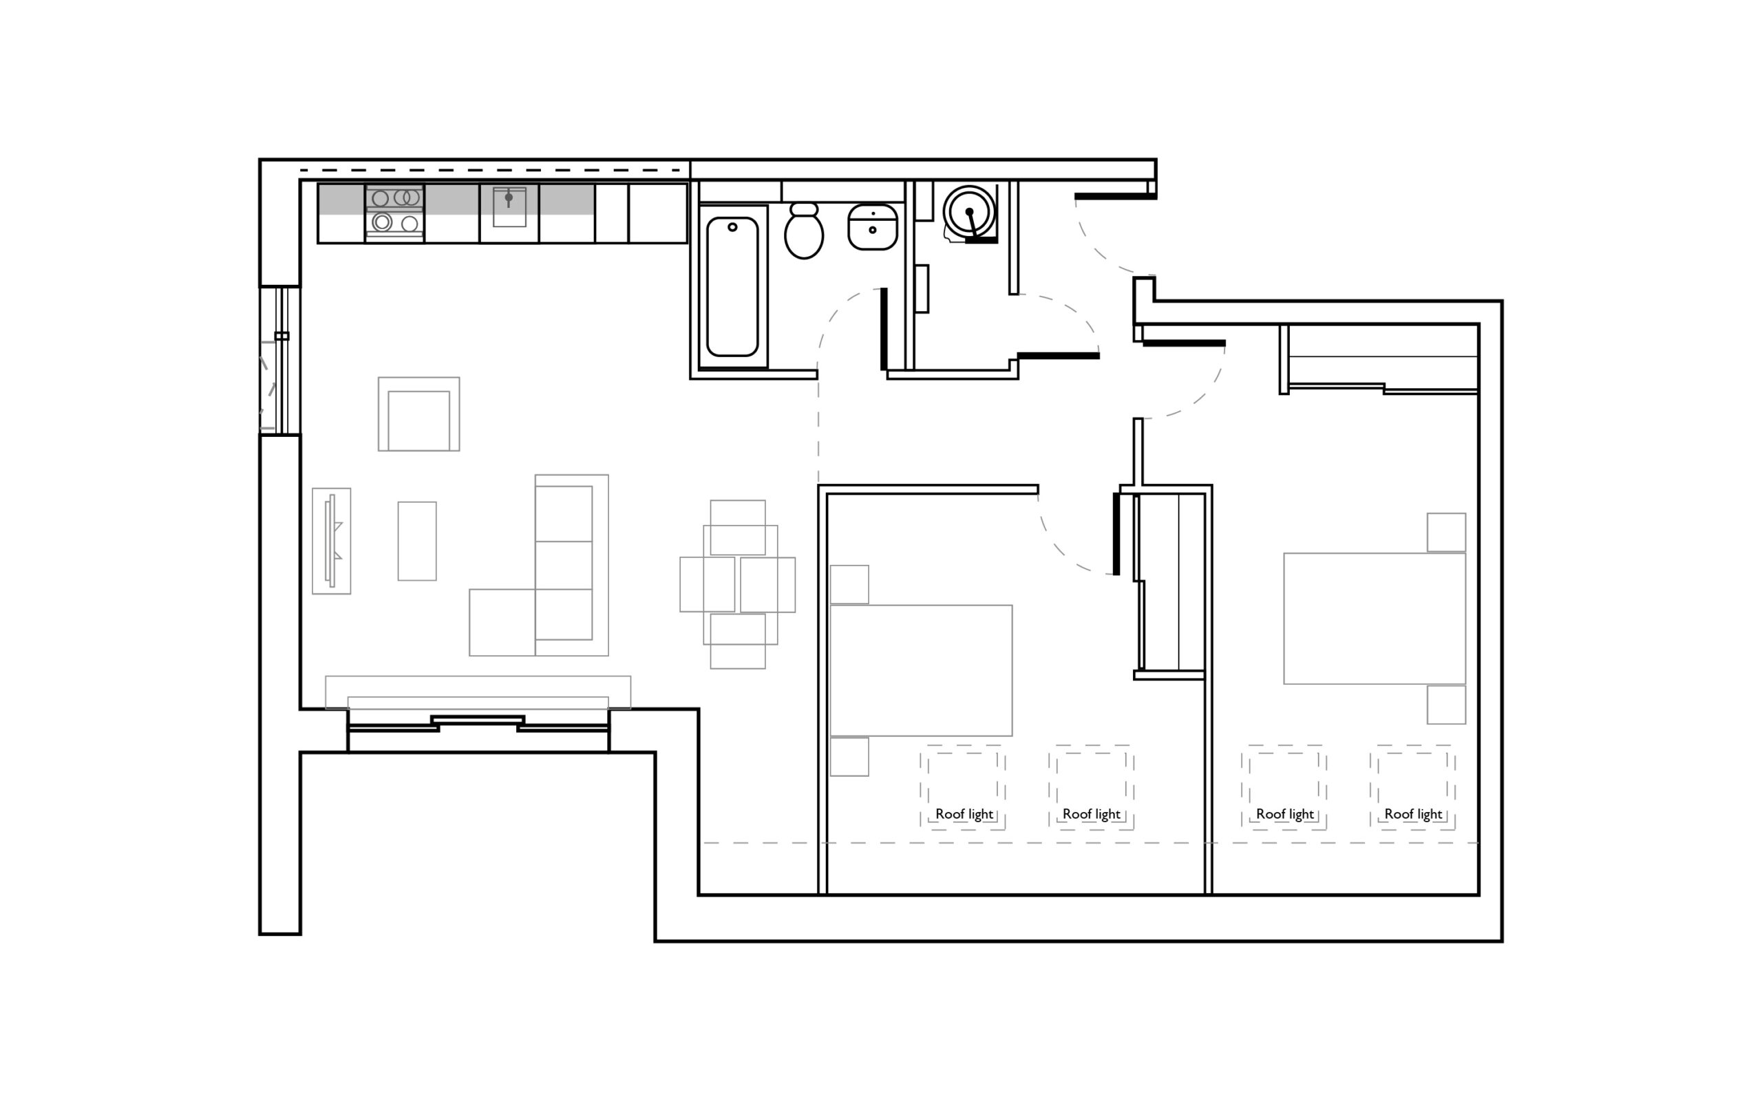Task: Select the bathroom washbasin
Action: point(872,227)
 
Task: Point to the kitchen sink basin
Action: point(509,208)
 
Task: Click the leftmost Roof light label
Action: point(964,814)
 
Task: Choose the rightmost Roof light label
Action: point(1413,814)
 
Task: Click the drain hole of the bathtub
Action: point(732,227)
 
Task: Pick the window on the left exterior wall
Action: point(280,361)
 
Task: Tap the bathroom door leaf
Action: point(884,329)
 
